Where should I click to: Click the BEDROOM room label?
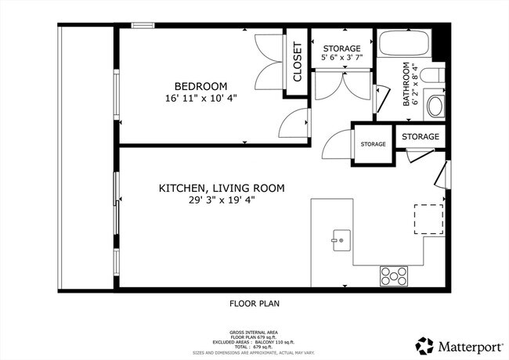[200, 86]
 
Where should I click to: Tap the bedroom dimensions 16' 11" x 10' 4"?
[201, 98]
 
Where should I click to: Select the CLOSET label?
[298, 62]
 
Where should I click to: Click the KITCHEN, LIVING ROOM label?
[222, 188]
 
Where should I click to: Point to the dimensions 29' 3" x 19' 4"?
[222, 200]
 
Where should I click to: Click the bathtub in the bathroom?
[404, 43]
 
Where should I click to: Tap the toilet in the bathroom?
[432, 75]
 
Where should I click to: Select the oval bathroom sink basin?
[435, 106]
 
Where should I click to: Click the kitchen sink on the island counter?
[341, 240]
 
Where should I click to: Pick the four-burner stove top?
[394, 276]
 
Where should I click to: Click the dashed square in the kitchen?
[428, 219]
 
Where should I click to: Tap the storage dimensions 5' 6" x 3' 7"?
[342, 57]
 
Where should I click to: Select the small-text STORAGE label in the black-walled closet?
[374, 144]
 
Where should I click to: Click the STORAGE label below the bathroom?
[421, 136]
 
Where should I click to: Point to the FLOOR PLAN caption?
[254, 304]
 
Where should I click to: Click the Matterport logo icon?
[424, 346]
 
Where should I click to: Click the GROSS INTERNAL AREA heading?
[254, 333]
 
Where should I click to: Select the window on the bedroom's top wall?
[143, 25]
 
